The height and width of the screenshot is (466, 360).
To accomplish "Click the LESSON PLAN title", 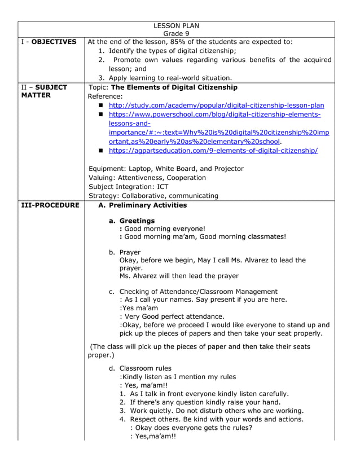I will pos(176,25).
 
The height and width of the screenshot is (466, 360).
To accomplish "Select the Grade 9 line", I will pos(176,33).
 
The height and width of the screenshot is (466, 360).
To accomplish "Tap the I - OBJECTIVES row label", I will pos(49,42).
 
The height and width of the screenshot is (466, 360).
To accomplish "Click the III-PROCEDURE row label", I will pos(50,205).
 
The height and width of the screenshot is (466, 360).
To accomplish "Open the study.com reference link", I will pos(216,105).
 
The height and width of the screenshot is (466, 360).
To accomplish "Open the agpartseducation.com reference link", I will pos(213,151).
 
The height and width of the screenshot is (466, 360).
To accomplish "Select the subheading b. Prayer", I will pos(125,252).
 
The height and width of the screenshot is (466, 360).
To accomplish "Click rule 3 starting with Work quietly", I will pos(212,411).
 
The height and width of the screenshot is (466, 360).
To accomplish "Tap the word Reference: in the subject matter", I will pos(106,96).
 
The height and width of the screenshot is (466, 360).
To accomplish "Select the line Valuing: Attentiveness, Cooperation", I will pos(147,178).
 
